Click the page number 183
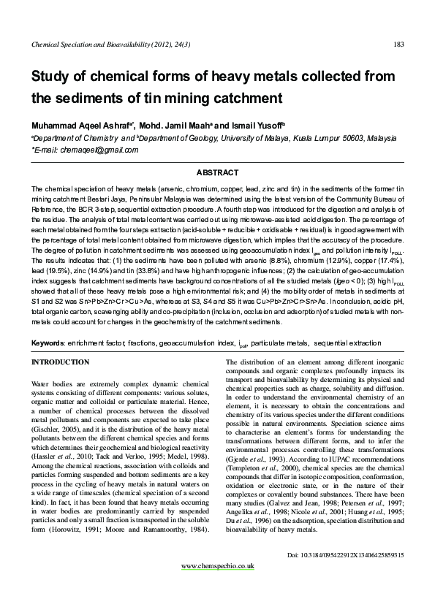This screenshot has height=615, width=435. (398, 45)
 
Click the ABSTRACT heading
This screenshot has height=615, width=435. (218, 172)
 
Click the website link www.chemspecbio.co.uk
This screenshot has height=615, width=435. (217, 565)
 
